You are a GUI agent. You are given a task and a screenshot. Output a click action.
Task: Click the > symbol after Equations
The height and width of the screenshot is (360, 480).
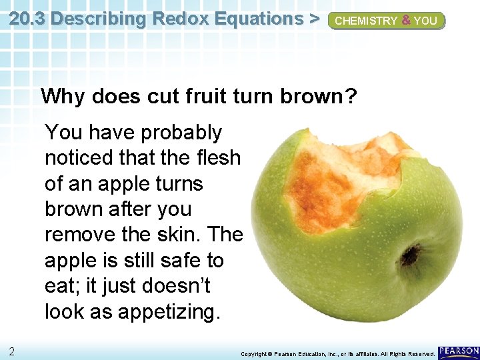(x=313, y=19)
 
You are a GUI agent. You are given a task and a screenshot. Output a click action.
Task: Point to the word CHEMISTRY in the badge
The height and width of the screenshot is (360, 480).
(x=365, y=21)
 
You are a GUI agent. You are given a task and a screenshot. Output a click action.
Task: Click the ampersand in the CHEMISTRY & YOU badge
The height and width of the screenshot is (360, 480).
(x=405, y=21)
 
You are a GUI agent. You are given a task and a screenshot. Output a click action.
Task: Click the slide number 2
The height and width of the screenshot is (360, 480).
(x=13, y=351)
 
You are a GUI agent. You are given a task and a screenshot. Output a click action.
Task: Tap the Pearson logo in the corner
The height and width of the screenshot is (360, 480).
(x=459, y=351)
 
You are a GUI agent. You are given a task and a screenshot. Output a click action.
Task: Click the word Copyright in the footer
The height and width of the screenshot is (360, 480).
(x=253, y=353)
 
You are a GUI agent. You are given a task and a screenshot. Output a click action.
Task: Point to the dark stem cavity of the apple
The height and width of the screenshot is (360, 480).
(x=410, y=253)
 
